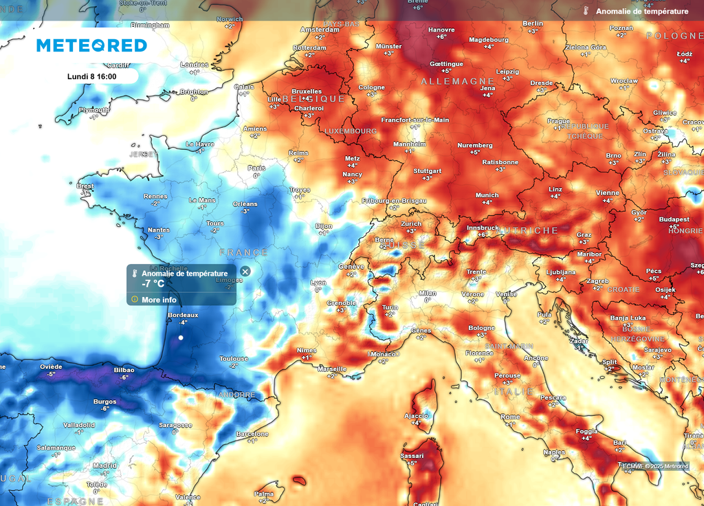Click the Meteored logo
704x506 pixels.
pyautogui.click(x=91, y=45)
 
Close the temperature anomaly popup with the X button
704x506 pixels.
pyautogui.click(x=245, y=272)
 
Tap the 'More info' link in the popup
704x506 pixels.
pyautogui.click(x=159, y=300)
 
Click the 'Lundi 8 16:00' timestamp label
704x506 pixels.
pyautogui.click(x=92, y=77)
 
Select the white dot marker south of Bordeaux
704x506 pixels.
pyautogui.click(x=181, y=338)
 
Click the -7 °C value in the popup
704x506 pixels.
pyautogui.click(x=153, y=284)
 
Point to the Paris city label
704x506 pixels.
pyautogui.click(x=256, y=168)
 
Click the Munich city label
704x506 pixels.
pyautogui.click(x=487, y=195)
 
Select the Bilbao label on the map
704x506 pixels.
pyautogui.click(x=124, y=370)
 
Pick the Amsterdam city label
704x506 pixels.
pyautogui.click(x=320, y=30)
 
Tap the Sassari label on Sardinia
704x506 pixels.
pyautogui.click(x=412, y=455)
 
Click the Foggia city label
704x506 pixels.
pyautogui.click(x=586, y=431)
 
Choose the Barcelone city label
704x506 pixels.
pyautogui.click(x=252, y=434)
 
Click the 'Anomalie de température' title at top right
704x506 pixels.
pyautogui.click(x=641, y=11)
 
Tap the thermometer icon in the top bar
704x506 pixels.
pyautogui.click(x=586, y=11)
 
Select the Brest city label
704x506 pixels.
pyautogui.click(x=85, y=186)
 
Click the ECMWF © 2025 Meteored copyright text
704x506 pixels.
pyautogui.click(x=655, y=467)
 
